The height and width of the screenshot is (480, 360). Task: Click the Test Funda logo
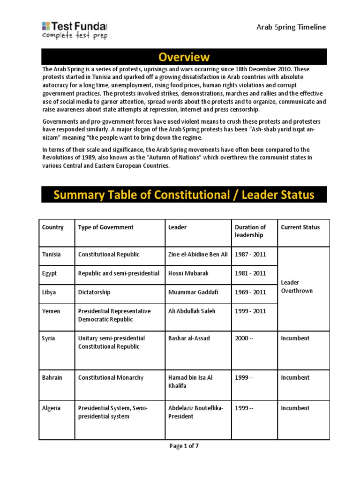tap(75, 30)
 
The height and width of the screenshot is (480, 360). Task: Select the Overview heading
tap(184, 57)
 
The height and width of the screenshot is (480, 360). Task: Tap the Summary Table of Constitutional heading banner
tap(184, 195)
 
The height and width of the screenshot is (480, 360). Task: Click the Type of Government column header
tap(105, 227)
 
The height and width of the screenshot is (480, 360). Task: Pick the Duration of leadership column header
tap(250, 231)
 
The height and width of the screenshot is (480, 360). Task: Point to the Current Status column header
tap(300, 227)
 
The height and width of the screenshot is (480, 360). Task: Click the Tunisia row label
tap(52, 255)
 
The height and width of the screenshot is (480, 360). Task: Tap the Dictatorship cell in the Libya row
tap(94, 292)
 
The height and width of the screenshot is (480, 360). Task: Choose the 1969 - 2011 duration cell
tap(250, 292)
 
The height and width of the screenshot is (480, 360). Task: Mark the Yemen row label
tap(51, 311)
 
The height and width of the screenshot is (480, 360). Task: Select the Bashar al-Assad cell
tap(189, 338)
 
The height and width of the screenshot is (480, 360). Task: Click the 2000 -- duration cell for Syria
tap(244, 338)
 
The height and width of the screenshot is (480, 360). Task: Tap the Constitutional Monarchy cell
tap(111, 377)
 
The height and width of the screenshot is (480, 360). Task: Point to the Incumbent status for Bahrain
tap(295, 377)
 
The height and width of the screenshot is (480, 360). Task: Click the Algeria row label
tap(51, 408)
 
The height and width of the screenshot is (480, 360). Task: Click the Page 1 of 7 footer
tap(184, 446)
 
